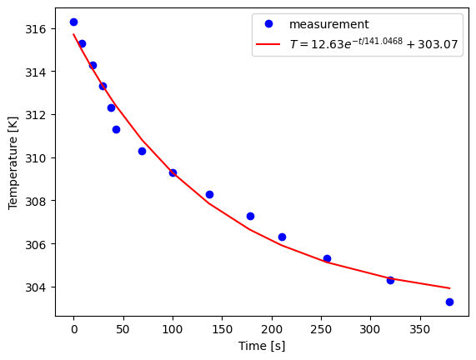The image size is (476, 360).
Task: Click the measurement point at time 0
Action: [x=73, y=22]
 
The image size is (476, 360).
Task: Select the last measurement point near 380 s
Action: [x=449, y=302]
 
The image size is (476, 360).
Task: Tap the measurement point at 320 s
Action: [x=390, y=280]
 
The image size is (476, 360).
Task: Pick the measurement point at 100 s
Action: [x=173, y=172]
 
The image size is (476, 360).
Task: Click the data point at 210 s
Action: [x=282, y=237]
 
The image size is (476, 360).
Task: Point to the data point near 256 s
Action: [x=327, y=258]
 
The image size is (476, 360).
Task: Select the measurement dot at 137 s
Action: [x=209, y=194]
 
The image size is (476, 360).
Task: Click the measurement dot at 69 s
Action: [x=142, y=151]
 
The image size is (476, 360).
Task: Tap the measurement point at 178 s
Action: [x=250, y=216]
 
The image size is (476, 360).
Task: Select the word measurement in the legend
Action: [x=328, y=25]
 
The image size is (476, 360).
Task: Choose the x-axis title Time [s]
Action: [x=262, y=346]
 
